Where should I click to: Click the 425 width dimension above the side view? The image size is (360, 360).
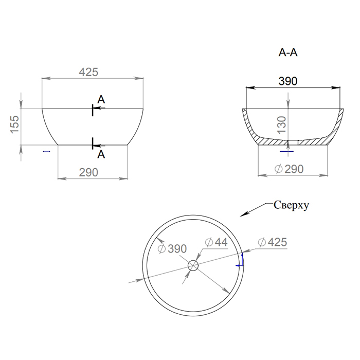88,72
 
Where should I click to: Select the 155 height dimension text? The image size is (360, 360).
14,124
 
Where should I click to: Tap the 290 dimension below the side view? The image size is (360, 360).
88,172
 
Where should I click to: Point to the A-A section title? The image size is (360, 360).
288,52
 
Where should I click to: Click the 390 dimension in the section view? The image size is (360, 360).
288,81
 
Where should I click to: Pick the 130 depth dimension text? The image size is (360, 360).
282,125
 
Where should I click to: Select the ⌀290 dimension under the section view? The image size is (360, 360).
289,169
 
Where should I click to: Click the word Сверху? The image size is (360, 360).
291,205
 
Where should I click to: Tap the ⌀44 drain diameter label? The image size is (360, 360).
216,242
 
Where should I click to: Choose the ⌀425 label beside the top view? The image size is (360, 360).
272,242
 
